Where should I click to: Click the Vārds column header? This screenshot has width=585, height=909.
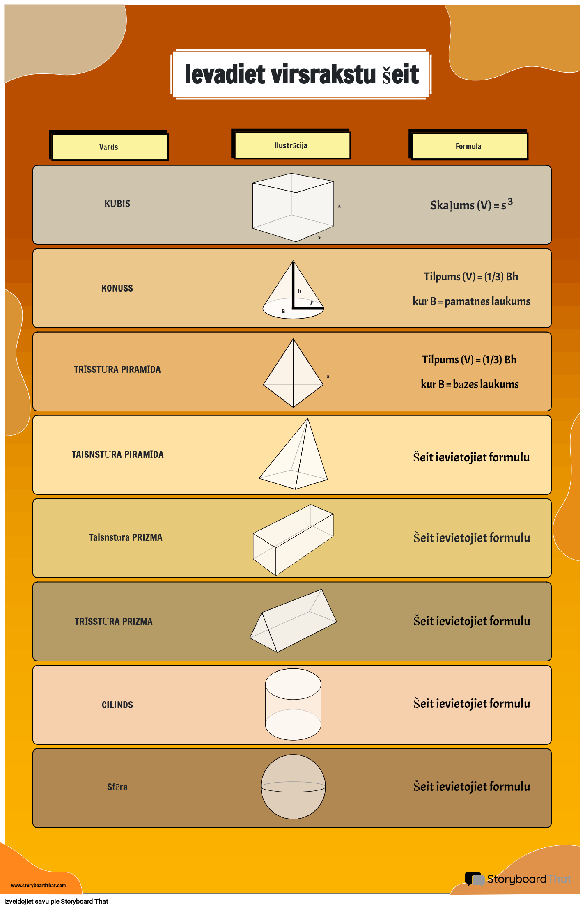pyautogui.click(x=109, y=147)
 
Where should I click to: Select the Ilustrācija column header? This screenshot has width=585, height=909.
pyautogui.click(x=291, y=145)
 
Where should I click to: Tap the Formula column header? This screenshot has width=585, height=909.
pyautogui.click(x=468, y=146)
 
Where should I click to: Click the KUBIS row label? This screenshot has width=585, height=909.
pyautogui.click(x=117, y=204)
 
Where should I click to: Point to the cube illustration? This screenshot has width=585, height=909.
pyautogui.click(x=293, y=207)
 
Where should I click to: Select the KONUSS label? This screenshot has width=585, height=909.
pyautogui.click(x=117, y=288)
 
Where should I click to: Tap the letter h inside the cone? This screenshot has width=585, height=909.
pyautogui.click(x=300, y=291)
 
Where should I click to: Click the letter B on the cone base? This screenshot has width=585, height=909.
pyautogui.click(x=283, y=311)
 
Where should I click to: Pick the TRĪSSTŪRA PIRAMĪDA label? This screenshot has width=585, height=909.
pyautogui.click(x=117, y=370)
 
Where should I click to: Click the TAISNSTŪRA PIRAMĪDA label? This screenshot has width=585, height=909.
pyautogui.click(x=118, y=454)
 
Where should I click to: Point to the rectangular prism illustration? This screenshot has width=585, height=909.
pyautogui.click(x=293, y=539)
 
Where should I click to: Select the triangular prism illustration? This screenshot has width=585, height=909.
pyautogui.click(x=293, y=621)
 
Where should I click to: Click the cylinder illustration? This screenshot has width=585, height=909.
pyautogui.click(x=293, y=704)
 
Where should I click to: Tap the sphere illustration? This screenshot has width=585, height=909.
pyautogui.click(x=293, y=787)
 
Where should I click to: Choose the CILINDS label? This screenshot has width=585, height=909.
pyautogui.click(x=117, y=705)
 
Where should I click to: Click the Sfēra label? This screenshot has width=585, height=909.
pyautogui.click(x=117, y=787)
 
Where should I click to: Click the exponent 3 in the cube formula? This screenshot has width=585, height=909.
pyautogui.click(x=510, y=201)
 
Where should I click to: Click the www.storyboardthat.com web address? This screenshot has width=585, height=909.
pyautogui.click(x=39, y=885)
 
